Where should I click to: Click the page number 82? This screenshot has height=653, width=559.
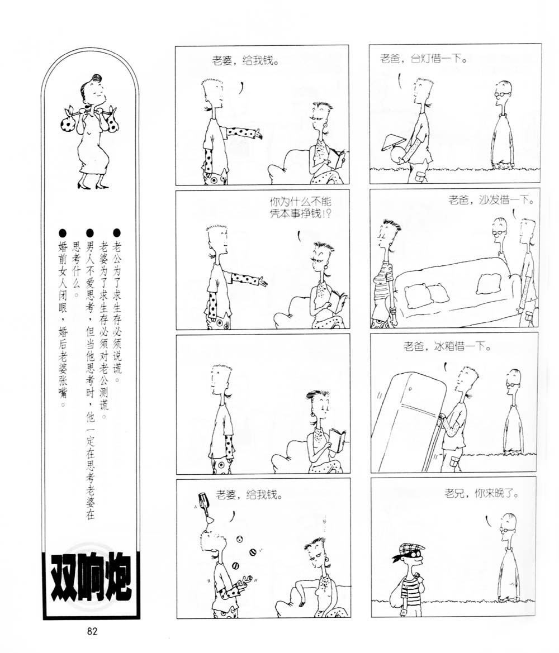pyautogui.click(x=92, y=631)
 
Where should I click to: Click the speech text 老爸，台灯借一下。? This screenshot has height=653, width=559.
pyautogui.click(x=423, y=58)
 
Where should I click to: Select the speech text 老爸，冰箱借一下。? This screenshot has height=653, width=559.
pyautogui.click(x=447, y=346)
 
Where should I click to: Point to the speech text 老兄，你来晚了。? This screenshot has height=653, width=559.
pyautogui.click(x=481, y=494)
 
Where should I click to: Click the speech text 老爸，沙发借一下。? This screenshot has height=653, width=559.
pyautogui.click(x=492, y=201)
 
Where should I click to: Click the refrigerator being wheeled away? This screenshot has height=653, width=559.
pyautogui.click(x=409, y=421)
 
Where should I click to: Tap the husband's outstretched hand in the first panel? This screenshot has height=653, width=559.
pyautogui.click(x=258, y=135)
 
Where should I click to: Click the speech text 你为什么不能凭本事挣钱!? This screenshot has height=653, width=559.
pyautogui.click(x=301, y=207)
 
